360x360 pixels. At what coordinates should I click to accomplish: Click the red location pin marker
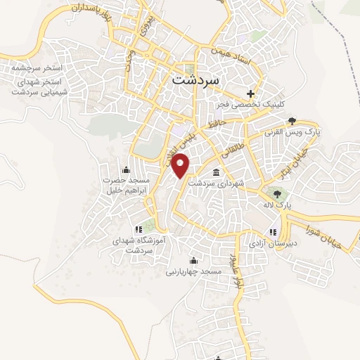[x=182, y=165]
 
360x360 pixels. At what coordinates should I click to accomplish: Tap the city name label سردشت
[x=195, y=79]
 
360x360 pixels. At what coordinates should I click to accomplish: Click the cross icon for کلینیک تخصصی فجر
[x=250, y=94]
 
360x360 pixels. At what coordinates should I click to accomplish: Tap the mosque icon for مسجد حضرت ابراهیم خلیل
[x=125, y=169]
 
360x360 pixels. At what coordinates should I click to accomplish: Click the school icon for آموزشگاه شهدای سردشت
[x=137, y=229]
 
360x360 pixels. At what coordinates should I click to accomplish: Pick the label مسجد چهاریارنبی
[x=193, y=271]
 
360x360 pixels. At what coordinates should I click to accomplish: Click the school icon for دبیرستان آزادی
[x=273, y=232]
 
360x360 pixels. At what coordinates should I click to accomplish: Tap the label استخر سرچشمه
[x=33, y=67]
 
